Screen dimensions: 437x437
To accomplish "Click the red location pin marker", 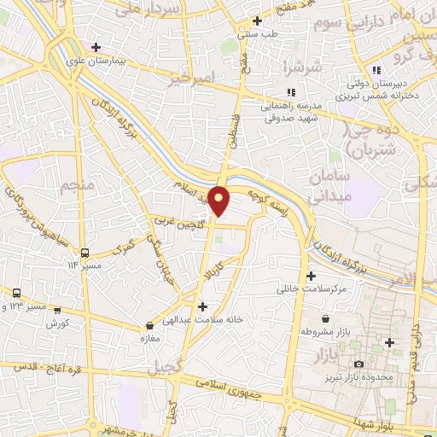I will (219, 200).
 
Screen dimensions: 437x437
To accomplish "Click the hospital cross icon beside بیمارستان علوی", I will (96, 48).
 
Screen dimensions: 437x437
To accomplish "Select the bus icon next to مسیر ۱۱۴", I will (84, 253).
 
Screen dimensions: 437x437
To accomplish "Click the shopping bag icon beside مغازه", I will (150, 325).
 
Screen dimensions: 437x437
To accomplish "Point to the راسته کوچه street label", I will (272, 204).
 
